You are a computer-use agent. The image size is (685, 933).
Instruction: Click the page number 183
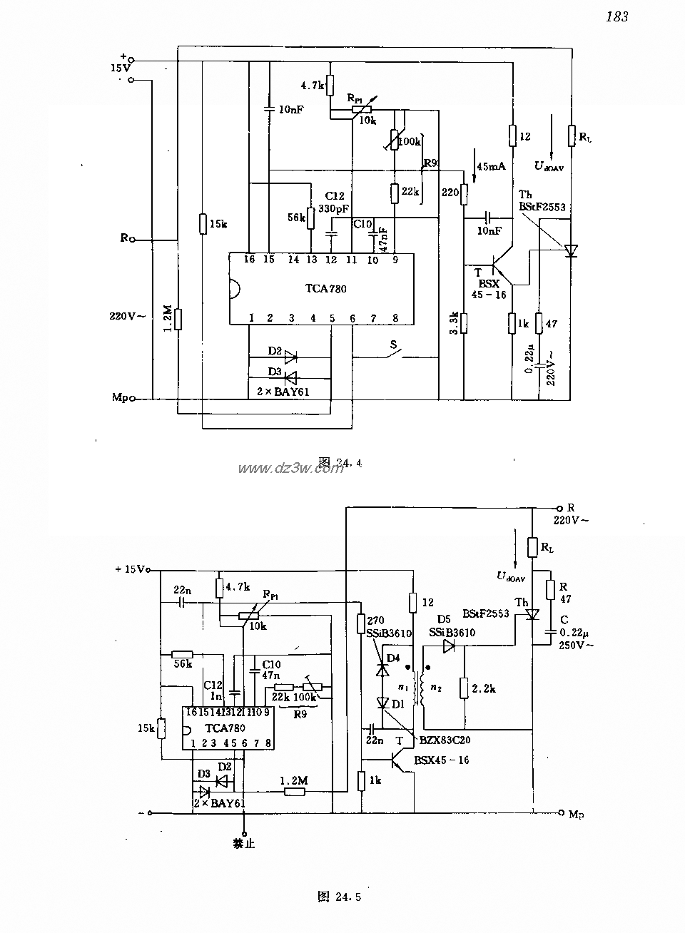pos(616,16)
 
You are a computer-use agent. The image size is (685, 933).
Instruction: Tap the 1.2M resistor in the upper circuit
pos(178,319)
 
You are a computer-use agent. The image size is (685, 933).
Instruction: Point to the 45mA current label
pos(490,166)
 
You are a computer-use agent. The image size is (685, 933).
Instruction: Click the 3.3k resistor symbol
pos(463,322)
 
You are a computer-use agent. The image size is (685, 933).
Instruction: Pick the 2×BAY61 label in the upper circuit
pos(283,391)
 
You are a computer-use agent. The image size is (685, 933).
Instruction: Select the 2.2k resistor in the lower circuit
pos(464,688)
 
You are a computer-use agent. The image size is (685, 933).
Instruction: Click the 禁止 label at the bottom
pos(243,844)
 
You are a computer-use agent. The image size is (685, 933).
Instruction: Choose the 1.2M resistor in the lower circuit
pos(295,790)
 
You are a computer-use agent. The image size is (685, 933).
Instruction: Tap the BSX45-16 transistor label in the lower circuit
pos(442,760)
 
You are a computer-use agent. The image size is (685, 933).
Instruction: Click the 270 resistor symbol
pos(360,623)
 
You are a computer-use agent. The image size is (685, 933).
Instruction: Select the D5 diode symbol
pos(448,646)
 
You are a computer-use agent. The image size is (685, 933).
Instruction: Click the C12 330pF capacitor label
pos(335,202)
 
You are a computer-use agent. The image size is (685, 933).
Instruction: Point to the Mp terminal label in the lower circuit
pos(577,813)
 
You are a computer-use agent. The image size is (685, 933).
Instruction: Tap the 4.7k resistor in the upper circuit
pos(330,84)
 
